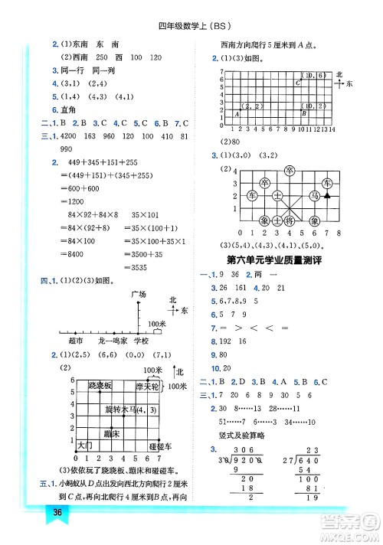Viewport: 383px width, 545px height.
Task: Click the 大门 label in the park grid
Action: (x=85, y=444)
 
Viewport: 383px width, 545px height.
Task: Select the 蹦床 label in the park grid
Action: (x=113, y=433)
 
